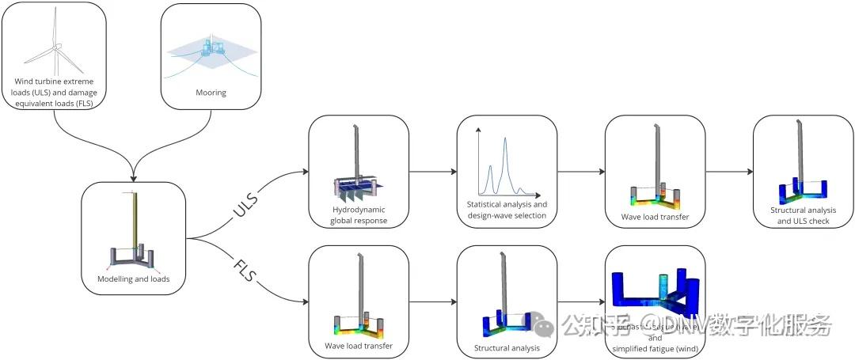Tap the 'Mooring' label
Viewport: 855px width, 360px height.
(211, 93)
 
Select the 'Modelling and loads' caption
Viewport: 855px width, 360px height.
(133, 279)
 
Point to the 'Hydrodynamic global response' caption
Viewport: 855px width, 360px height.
(359, 215)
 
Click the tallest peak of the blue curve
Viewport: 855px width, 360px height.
(504, 139)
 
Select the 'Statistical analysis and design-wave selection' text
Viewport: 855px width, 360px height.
(507, 210)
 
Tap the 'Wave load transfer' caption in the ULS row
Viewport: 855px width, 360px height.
(655, 216)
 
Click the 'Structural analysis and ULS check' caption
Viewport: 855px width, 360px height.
(804, 215)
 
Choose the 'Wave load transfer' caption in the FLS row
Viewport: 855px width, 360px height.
(359, 346)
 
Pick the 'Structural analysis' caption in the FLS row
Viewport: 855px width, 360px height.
(507, 347)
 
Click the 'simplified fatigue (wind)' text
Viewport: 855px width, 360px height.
(655, 348)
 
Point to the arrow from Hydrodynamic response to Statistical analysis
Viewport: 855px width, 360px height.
(432, 170)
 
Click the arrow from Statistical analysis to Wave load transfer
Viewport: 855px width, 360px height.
(580, 170)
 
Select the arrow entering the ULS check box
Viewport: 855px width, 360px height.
(728, 170)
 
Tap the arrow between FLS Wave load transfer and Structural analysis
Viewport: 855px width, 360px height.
(432, 300)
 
